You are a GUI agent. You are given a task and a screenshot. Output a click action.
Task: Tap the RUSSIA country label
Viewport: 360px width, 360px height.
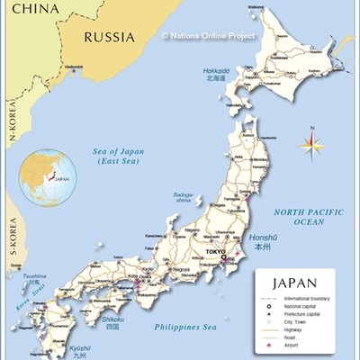109,37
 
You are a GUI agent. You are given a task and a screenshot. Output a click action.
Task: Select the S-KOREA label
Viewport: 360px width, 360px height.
13,236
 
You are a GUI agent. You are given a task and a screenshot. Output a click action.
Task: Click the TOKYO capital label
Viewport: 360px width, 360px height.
215,252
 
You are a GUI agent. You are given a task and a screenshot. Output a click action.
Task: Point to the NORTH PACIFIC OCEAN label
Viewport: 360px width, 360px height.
310,216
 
